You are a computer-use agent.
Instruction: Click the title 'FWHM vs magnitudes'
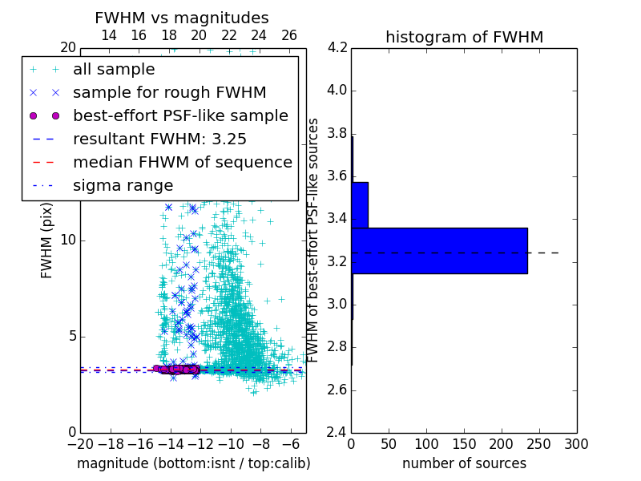coord(182,18)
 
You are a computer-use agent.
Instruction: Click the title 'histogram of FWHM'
coord(464,37)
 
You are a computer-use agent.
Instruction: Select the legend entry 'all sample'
coord(114,70)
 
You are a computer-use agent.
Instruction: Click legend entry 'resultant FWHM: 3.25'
coord(159,139)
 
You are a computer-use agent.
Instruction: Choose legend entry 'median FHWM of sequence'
coord(182,162)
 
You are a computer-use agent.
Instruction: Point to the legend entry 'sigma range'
coord(123,185)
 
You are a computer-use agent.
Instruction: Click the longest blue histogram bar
coord(439,250)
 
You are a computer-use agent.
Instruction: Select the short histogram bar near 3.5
coord(360,204)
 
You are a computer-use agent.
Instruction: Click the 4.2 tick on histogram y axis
coord(337,47)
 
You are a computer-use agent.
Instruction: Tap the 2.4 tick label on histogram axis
coord(337,432)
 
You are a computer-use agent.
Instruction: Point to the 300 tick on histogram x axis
coord(576,443)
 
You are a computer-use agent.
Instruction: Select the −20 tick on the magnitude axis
coord(79,443)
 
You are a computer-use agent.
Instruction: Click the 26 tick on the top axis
coord(289,35)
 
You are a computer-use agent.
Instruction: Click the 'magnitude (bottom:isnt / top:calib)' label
coord(193,463)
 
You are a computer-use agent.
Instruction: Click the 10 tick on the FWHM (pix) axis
coord(68,240)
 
